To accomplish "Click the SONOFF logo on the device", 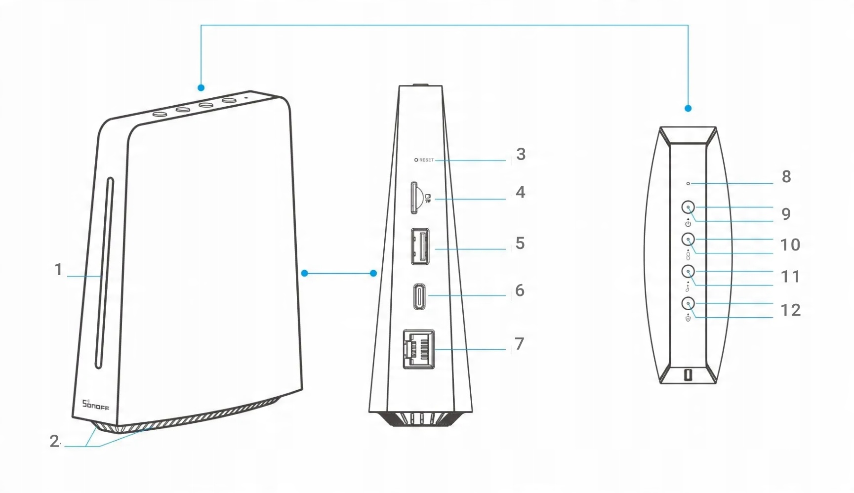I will (95, 405).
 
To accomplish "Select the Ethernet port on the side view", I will (419, 349).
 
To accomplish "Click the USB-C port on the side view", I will (420, 295).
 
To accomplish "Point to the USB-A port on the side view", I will (420, 246).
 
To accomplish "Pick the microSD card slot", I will (414, 198).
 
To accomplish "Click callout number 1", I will (58, 270).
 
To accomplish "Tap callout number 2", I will (54, 441).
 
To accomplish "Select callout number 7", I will (519, 344).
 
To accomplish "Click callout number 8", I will (786, 177).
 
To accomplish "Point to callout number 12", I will (790, 310).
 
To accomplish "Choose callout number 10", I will (790, 245).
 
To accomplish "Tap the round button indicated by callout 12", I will (688, 303).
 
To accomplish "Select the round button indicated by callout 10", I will (688, 240).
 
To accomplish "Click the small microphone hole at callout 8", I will (688, 184).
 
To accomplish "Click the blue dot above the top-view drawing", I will (688, 108).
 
